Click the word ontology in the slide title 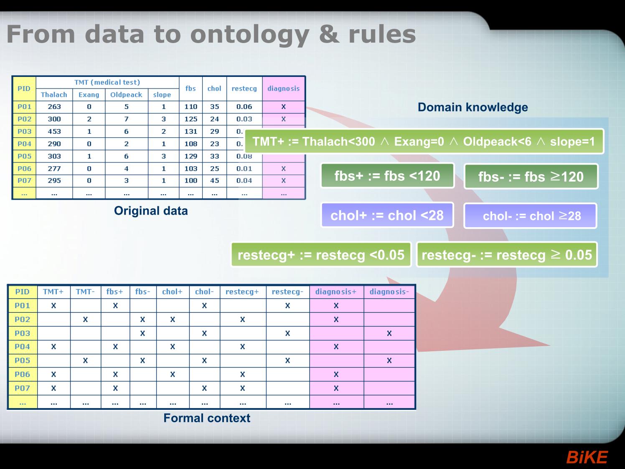click(x=250, y=35)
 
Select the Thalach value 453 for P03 click(x=54, y=132)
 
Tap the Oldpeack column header click(x=126, y=95)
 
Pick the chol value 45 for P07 click(x=214, y=181)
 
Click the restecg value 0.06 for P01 click(x=244, y=107)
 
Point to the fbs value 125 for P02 click(x=191, y=119)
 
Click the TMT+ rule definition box click(x=424, y=142)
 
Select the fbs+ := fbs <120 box click(x=387, y=175)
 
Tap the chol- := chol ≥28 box click(x=531, y=216)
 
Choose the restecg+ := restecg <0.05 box click(x=321, y=255)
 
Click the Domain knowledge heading click(x=473, y=107)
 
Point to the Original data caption click(x=151, y=211)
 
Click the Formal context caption click(x=207, y=418)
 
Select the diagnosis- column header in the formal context click(x=389, y=292)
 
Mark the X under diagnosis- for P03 click(x=389, y=333)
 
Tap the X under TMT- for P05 click(x=85, y=360)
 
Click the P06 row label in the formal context click(x=23, y=374)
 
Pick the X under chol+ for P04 click(x=173, y=347)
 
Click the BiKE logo click(x=587, y=457)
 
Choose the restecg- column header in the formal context click(x=287, y=292)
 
